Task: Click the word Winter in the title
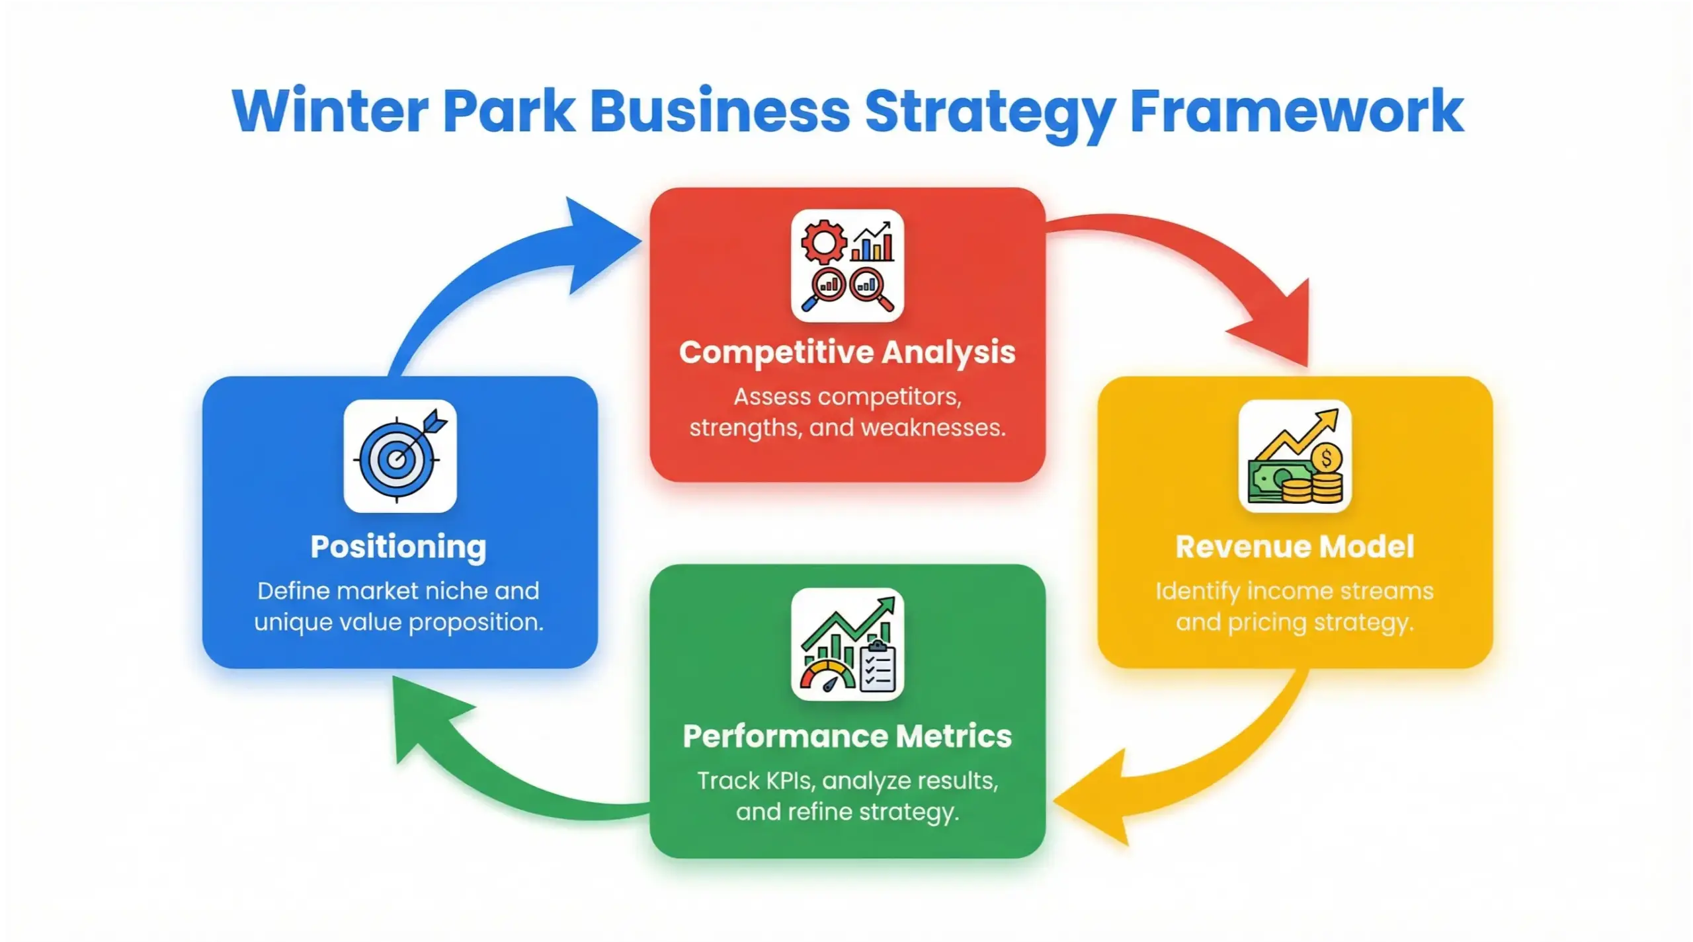330,111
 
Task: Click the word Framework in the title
1296,111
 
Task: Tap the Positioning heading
399,547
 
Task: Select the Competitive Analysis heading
847,352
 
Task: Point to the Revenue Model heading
1294,547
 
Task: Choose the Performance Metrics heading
847,736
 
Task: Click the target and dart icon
399,456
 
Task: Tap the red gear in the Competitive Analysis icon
823,242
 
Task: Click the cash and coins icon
1294,456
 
